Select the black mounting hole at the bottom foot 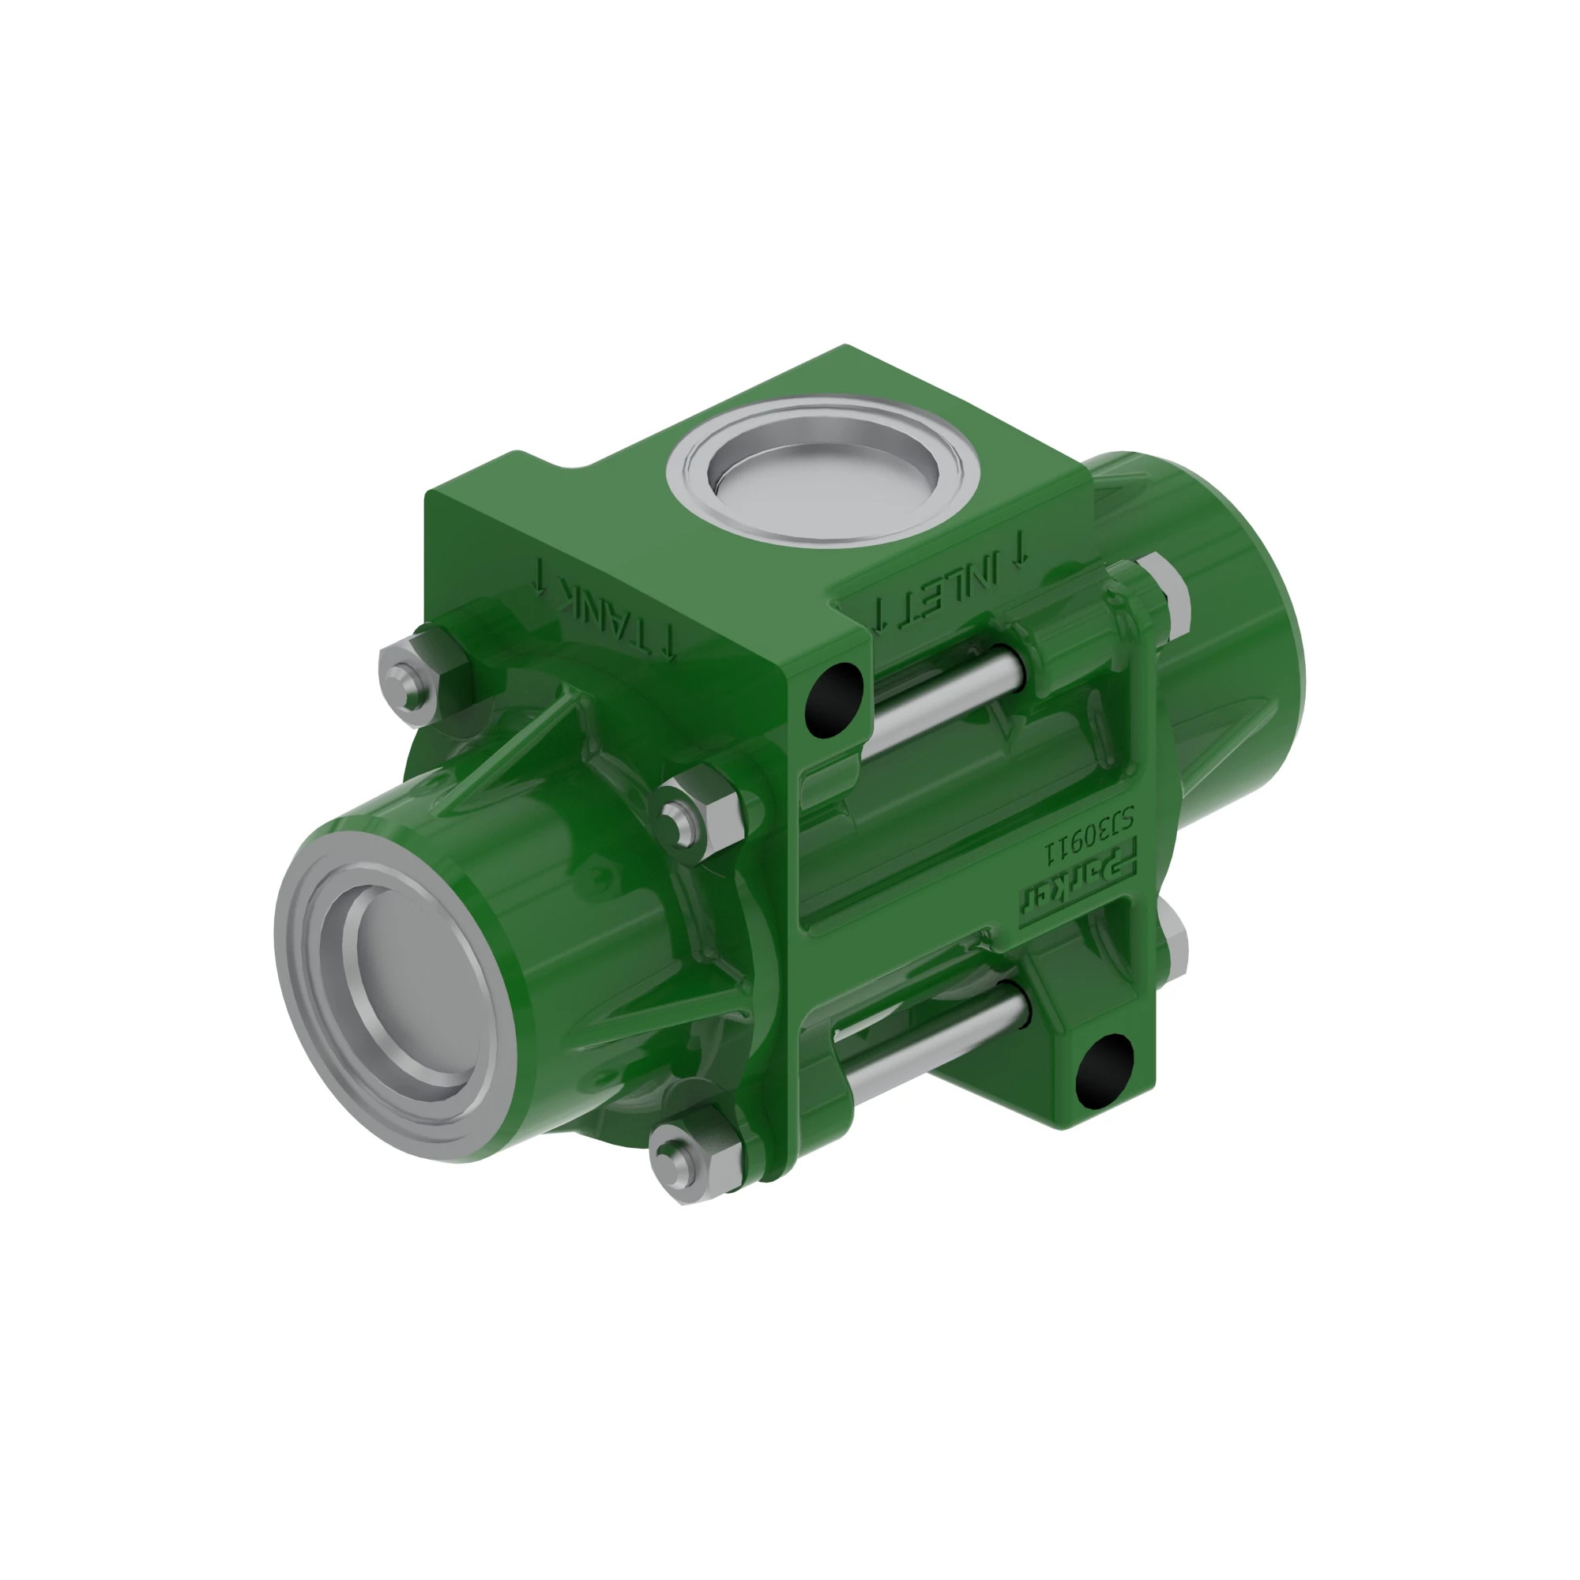[1104, 1072]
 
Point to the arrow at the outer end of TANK [539, 576]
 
